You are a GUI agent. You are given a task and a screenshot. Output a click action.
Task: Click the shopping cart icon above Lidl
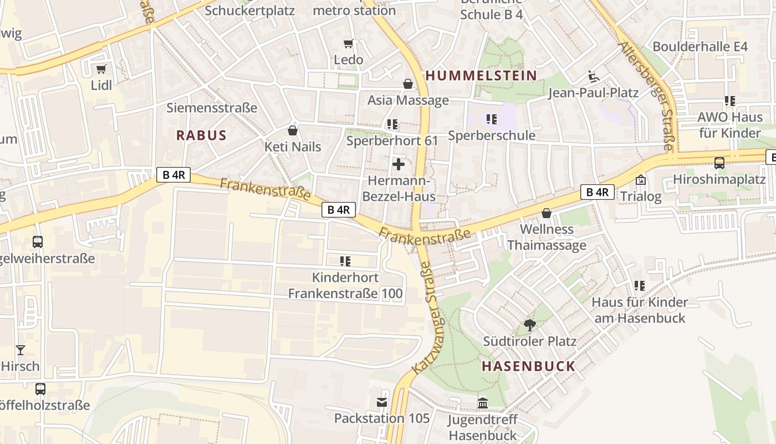(x=101, y=69)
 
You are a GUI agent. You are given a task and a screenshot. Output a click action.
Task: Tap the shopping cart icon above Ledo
(x=348, y=43)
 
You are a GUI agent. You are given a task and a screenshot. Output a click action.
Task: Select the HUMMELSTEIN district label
(x=481, y=75)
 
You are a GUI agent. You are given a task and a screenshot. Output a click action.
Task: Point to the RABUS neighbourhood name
(x=201, y=135)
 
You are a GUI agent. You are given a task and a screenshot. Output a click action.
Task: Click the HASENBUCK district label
(x=528, y=366)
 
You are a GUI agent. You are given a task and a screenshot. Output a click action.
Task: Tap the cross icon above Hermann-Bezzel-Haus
(x=398, y=164)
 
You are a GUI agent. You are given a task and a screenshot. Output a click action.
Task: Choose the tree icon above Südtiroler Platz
(x=529, y=325)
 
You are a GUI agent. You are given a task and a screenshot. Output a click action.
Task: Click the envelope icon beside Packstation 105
(x=382, y=402)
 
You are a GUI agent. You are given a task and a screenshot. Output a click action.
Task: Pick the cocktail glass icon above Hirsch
(x=21, y=350)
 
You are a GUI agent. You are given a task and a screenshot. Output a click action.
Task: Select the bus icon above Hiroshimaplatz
(x=719, y=163)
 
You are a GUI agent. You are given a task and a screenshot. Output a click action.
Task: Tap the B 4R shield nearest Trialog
(x=597, y=192)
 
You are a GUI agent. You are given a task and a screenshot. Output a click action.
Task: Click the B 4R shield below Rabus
(x=173, y=175)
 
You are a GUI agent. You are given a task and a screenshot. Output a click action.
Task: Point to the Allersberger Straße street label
(x=648, y=95)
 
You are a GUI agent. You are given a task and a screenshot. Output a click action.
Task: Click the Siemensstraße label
(x=212, y=108)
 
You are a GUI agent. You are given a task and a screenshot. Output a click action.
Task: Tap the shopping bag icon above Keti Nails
(x=293, y=130)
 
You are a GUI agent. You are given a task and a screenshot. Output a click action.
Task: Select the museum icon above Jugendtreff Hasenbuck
(x=482, y=403)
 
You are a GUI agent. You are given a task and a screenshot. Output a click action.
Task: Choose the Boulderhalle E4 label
(x=700, y=47)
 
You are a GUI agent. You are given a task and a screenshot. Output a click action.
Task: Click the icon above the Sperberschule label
(x=491, y=119)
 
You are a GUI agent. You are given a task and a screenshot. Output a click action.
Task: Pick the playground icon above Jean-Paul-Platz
(x=593, y=76)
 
